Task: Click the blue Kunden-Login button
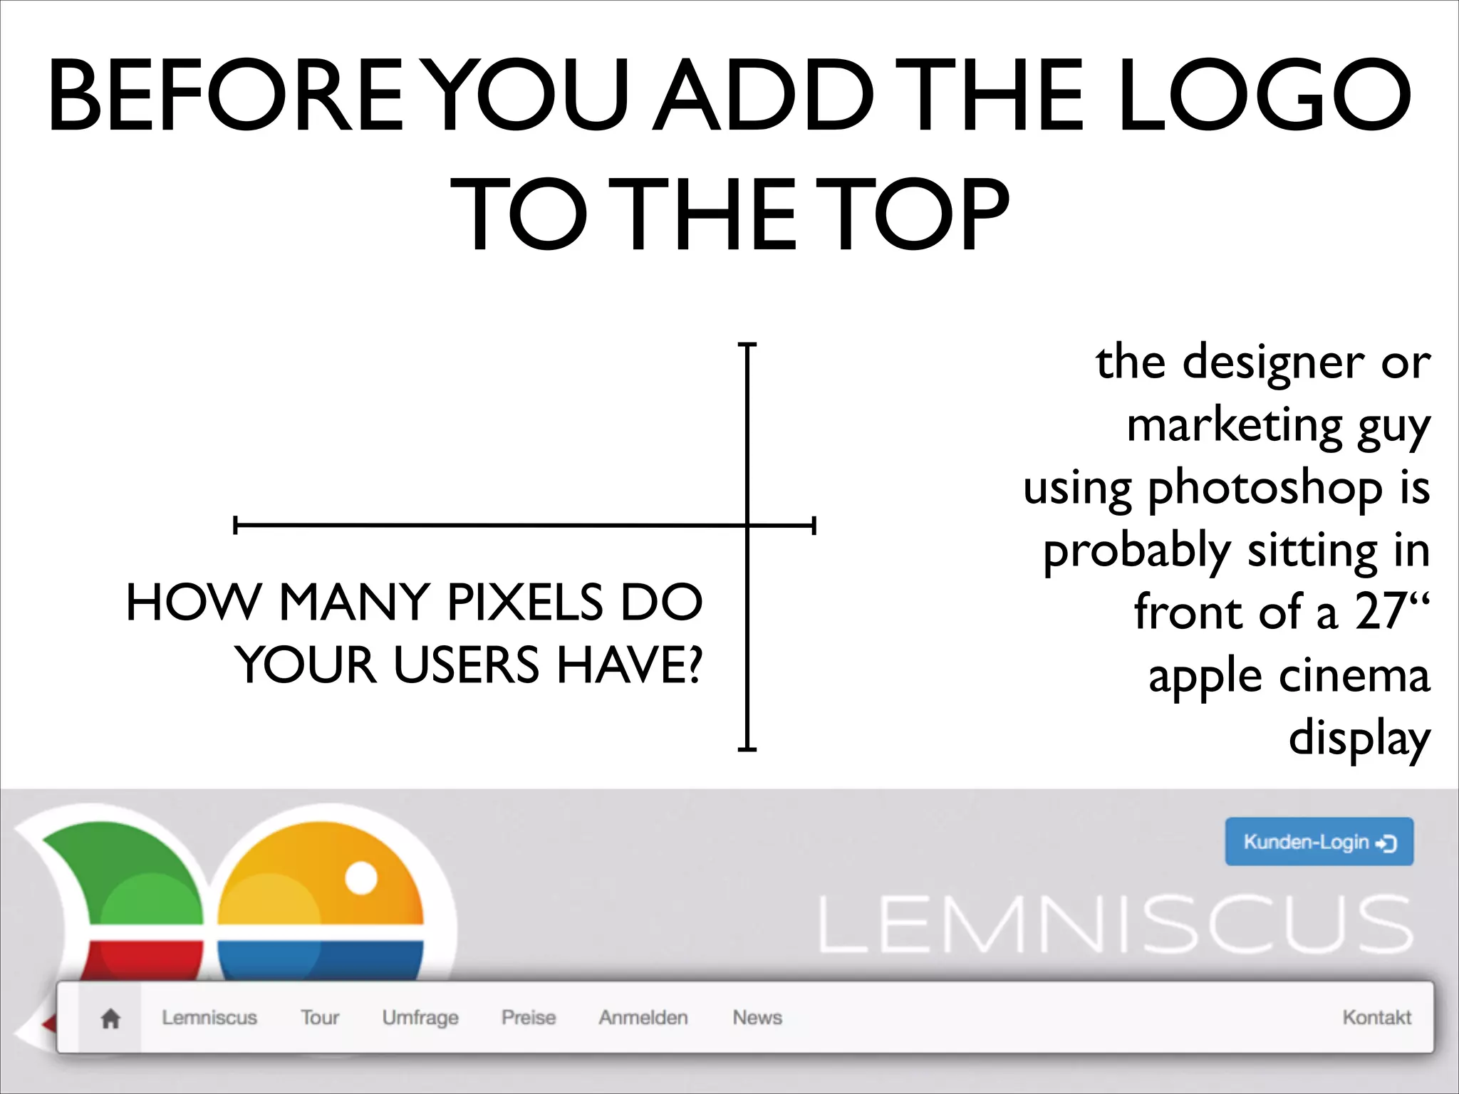coord(1319,842)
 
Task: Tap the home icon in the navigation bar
coord(110,1019)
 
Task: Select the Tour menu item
coord(319,1018)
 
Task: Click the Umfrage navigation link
coord(420,1018)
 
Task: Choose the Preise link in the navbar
coord(528,1018)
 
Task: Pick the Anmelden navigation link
coord(643,1018)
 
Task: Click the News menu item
coord(757,1018)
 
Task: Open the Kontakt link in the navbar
coord(1376,1018)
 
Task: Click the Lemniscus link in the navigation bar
coord(209,1018)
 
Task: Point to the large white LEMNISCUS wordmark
coord(1115,924)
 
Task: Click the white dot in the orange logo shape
coord(361,877)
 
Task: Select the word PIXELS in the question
coord(525,603)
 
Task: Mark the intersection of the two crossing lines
coord(747,526)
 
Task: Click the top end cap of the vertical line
coord(747,345)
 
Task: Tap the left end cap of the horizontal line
coord(236,526)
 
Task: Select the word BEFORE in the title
coord(227,96)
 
